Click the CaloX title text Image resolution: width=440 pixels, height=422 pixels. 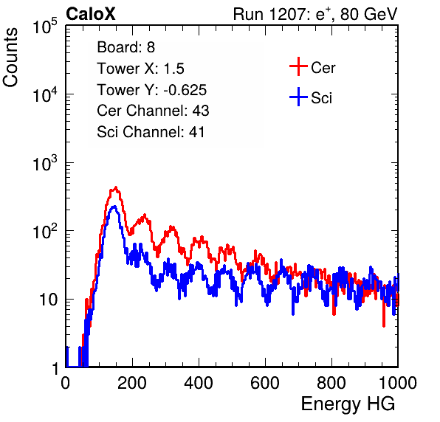click(91, 14)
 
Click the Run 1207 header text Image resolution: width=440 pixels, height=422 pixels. click(315, 14)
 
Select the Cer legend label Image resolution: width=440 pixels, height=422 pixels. click(323, 68)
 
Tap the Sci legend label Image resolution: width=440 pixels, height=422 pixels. click(321, 98)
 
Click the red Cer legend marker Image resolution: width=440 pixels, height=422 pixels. click(298, 66)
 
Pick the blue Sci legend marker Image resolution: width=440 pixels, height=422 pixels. click(298, 97)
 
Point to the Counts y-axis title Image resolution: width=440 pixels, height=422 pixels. click(10, 58)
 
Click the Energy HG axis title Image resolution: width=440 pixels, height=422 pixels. click(348, 404)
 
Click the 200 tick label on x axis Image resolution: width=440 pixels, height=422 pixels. click(132, 383)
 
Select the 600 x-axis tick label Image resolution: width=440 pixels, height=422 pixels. click(265, 383)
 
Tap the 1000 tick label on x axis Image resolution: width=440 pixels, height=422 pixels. click(398, 383)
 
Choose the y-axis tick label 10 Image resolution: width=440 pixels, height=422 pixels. click(48, 300)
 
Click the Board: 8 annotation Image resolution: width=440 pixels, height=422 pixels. click(126, 47)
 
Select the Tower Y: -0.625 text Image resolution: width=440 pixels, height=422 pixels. click(152, 90)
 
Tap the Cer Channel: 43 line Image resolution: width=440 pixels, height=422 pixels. click(153, 111)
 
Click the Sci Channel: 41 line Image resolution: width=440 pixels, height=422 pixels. click(151, 132)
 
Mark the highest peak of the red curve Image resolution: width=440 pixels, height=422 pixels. click(116, 187)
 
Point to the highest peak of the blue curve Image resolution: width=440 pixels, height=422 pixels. click(114, 207)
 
